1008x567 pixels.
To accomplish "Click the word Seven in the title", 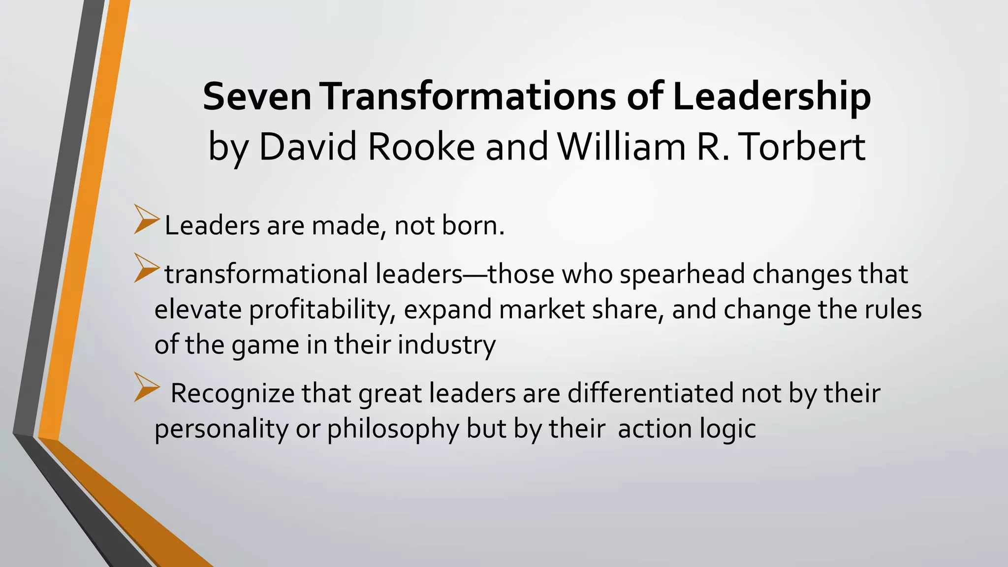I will click(257, 96).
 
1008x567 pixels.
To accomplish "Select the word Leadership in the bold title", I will click(771, 97).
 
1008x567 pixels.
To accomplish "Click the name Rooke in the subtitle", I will click(421, 147).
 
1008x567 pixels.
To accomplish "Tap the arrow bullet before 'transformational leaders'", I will click(147, 269).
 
